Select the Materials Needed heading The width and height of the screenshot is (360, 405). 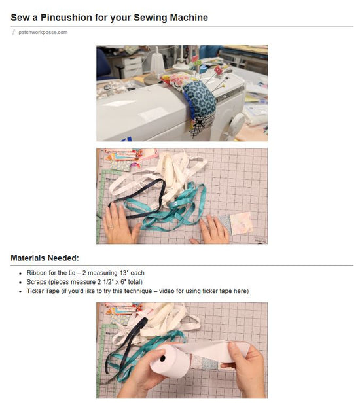click(x=45, y=258)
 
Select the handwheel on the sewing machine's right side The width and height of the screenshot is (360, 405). click(x=238, y=122)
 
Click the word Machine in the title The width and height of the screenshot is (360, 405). click(x=189, y=17)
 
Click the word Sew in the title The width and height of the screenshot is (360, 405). click(x=20, y=17)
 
